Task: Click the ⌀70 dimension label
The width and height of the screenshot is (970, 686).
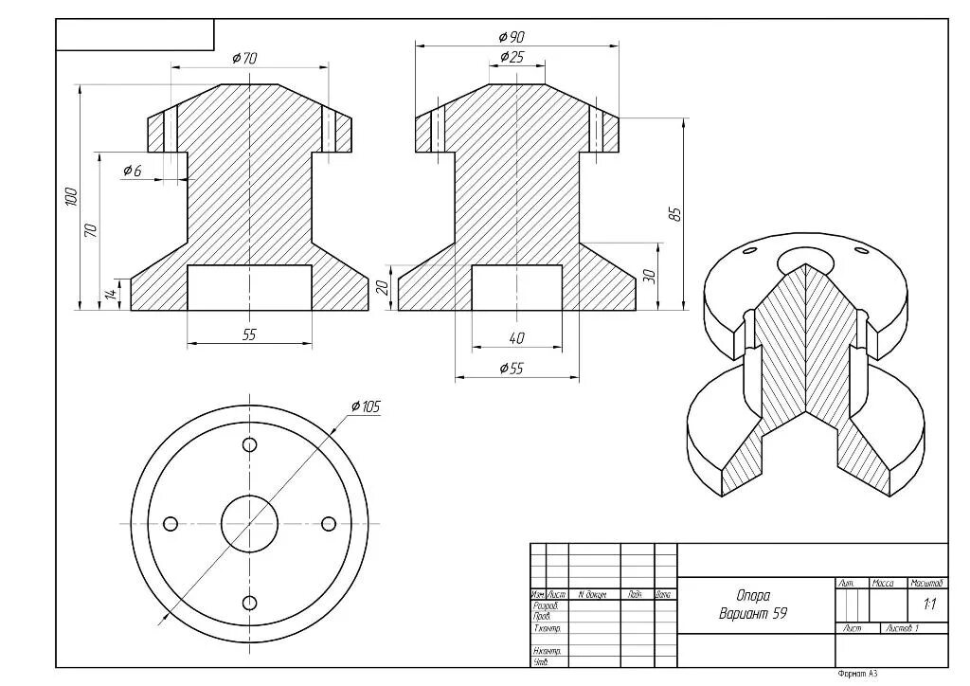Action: (244, 58)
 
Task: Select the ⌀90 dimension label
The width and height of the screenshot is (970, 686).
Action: (511, 36)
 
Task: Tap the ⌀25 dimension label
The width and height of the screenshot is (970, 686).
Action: (511, 57)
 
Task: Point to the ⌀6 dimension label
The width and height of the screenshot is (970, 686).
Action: (132, 171)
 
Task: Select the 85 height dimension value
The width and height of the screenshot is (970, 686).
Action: (675, 213)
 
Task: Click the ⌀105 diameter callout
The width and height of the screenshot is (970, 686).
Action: (365, 406)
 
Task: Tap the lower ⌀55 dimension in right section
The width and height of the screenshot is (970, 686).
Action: (511, 369)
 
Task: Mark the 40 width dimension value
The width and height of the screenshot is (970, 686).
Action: (516, 337)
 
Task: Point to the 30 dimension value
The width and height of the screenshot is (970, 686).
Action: (649, 275)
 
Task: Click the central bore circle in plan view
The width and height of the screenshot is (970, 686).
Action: (249, 523)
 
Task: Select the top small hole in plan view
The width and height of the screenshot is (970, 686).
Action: (250, 444)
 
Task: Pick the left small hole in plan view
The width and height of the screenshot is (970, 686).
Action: (171, 524)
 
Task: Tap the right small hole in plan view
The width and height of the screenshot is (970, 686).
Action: (329, 524)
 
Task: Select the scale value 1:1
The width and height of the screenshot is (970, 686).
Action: (928, 604)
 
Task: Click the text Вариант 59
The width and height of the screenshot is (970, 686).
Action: (753, 613)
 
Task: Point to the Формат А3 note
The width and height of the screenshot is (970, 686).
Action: (857, 674)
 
